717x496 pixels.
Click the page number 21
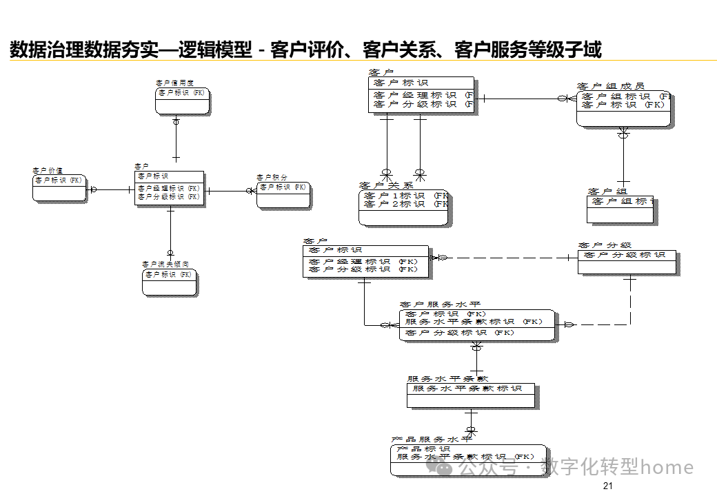[607, 486]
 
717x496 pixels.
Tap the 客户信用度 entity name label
[174, 83]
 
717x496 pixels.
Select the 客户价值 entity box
[60, 187]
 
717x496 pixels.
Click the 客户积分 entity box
[283, 194]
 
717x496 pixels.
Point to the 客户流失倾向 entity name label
[165, 265]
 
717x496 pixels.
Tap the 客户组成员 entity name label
[611, 86]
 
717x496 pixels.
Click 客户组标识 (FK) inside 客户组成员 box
[625, 96]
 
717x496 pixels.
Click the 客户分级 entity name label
[605, 245]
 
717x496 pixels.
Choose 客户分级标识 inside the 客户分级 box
[625, 255]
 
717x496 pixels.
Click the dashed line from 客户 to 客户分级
[510, 258]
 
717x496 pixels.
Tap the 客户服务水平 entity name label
[440, 304]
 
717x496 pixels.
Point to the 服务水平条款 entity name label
[447, 379]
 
